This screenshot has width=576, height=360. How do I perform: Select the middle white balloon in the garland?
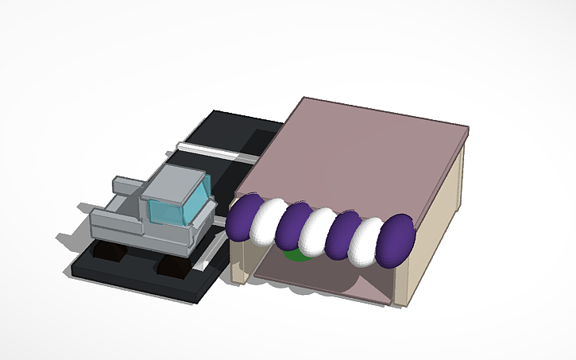320,231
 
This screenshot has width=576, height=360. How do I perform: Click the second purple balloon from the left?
295,226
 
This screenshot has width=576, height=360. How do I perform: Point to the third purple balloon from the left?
345,236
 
